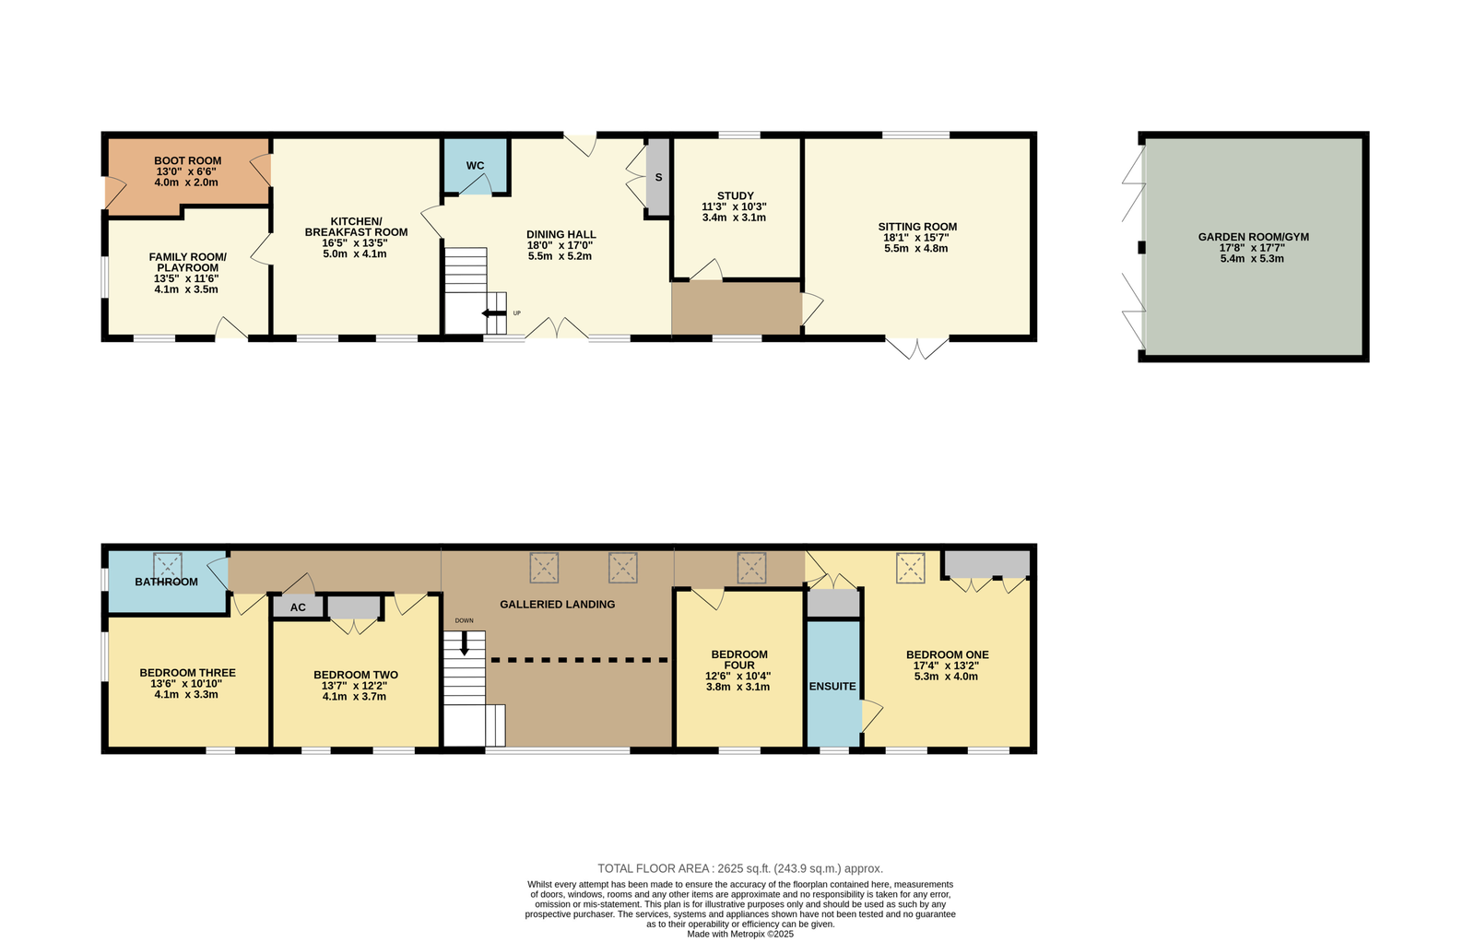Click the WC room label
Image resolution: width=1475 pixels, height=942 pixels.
click(475, 165)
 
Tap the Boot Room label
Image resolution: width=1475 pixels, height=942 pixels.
click(188, 160)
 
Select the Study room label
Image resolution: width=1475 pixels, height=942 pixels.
click(735, 195)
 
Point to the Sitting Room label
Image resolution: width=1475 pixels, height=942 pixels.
click(917, 227)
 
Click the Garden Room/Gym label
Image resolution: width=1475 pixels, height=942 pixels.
click(1253, 237)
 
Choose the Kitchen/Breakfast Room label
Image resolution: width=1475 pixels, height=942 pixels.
click(356, 227)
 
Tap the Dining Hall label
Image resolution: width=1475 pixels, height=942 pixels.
click(561, 234)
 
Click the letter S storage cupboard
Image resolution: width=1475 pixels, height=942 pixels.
click(658, 177)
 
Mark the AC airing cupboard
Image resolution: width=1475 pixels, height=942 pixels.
click(298, 606)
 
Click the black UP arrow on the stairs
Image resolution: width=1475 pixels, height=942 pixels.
click(494, 312)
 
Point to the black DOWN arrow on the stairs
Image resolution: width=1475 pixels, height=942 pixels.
click(465, 643)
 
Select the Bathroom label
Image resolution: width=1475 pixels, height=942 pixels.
click(166, 582)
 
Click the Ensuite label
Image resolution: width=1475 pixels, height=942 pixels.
click(832, 686)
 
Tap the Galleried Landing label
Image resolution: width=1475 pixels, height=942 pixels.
click(557, 605)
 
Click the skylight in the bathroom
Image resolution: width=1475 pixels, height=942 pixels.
click(167, 566)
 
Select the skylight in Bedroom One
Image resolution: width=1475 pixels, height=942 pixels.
click(910, 568)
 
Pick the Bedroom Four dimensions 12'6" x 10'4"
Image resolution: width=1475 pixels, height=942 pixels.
click(738, 676)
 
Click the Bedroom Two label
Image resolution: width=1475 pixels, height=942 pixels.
click(356, 675)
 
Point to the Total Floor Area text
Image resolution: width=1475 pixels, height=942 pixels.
click(740, 868)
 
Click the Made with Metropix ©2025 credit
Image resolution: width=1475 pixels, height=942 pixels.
click(740, 934)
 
